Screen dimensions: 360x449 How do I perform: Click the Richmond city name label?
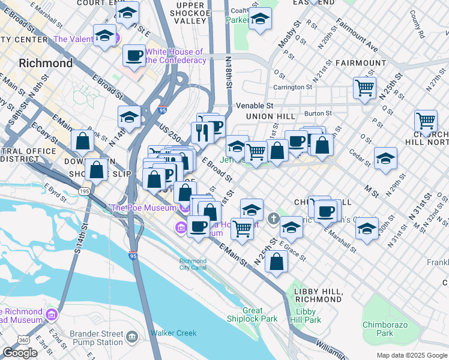coord(46,63)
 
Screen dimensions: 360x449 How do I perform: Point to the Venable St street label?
coord(255,105)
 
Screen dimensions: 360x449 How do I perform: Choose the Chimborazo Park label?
coord(385,329)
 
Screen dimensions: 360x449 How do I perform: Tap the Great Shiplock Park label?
coord(261,314)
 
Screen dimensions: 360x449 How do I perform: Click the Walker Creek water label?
coord(173,333)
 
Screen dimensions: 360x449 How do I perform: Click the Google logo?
coord(20,353)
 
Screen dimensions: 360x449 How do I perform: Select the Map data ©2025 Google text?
coord(412,355)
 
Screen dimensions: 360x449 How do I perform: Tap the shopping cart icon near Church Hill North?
coord(426,121)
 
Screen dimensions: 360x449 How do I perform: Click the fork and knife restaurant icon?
coord(202,132)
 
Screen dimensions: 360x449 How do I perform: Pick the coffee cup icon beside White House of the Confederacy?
coord(134,56)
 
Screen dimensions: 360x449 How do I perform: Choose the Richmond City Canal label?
coord(193,264)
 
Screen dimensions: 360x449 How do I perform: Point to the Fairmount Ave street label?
coord(357,36)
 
